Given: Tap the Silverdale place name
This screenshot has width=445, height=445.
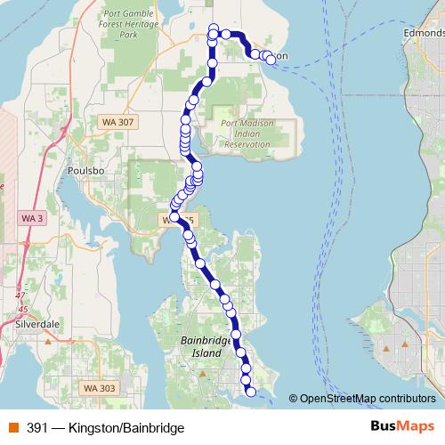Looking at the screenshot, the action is [37, 325].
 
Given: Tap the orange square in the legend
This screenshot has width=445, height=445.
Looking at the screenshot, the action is [12, 428].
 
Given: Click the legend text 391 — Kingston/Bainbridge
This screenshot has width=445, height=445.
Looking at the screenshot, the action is [105, 428].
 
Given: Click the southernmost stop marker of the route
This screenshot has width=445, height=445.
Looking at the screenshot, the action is [250, 391].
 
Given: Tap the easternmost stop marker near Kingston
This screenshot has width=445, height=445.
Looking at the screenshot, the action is [271, 61].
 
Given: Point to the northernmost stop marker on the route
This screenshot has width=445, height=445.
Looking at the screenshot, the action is [213, 28].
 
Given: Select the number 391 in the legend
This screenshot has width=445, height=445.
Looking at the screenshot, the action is [37, 428].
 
